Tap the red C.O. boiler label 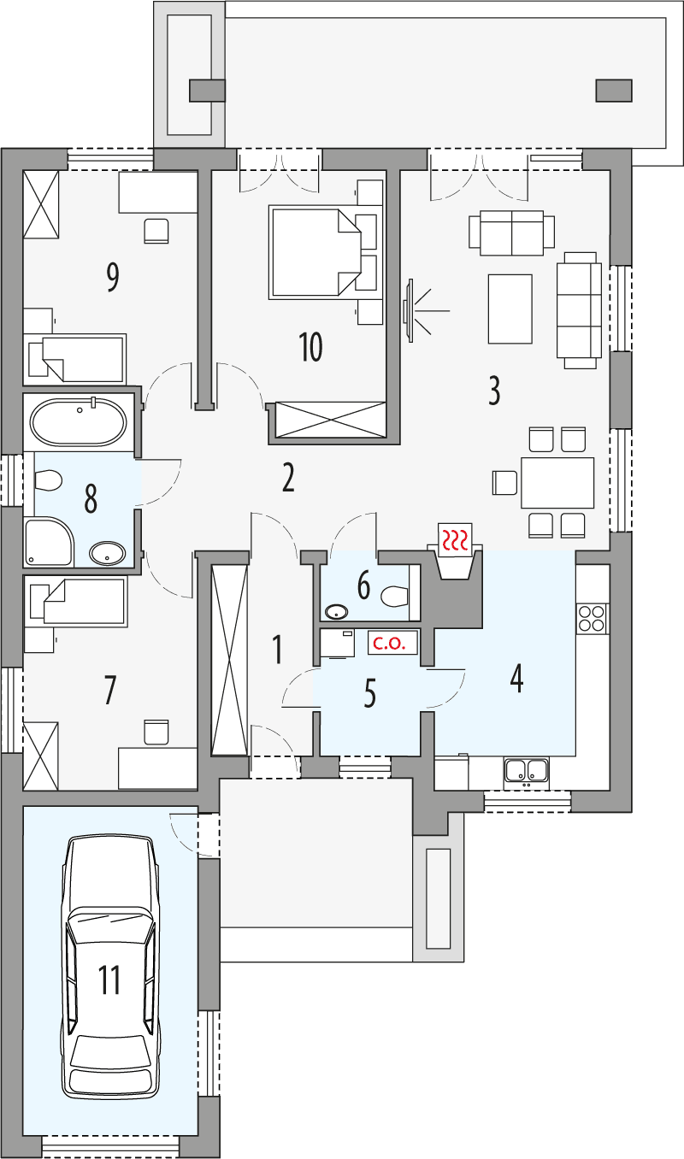(x=394, y=644)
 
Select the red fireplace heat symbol (x=454, y=538)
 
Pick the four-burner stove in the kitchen (x=592, y=616)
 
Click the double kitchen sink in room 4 (x=526, y=770)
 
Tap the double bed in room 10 (x=311, y=252)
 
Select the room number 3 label (x=493, y=390)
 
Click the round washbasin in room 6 (x=336, y=611)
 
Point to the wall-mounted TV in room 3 (x=410, y=310)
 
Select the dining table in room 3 (x=557, y=483)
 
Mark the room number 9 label (x=112, y=278)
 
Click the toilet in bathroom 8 (x=48, y=482)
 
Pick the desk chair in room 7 (x=157, y=732)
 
